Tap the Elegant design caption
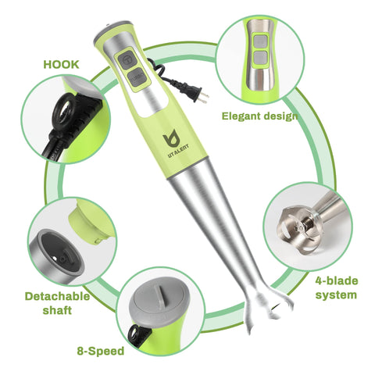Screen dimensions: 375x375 259,116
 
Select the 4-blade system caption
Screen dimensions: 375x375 336,287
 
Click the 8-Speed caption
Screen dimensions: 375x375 101,351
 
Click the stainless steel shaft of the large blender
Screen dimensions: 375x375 223,234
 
